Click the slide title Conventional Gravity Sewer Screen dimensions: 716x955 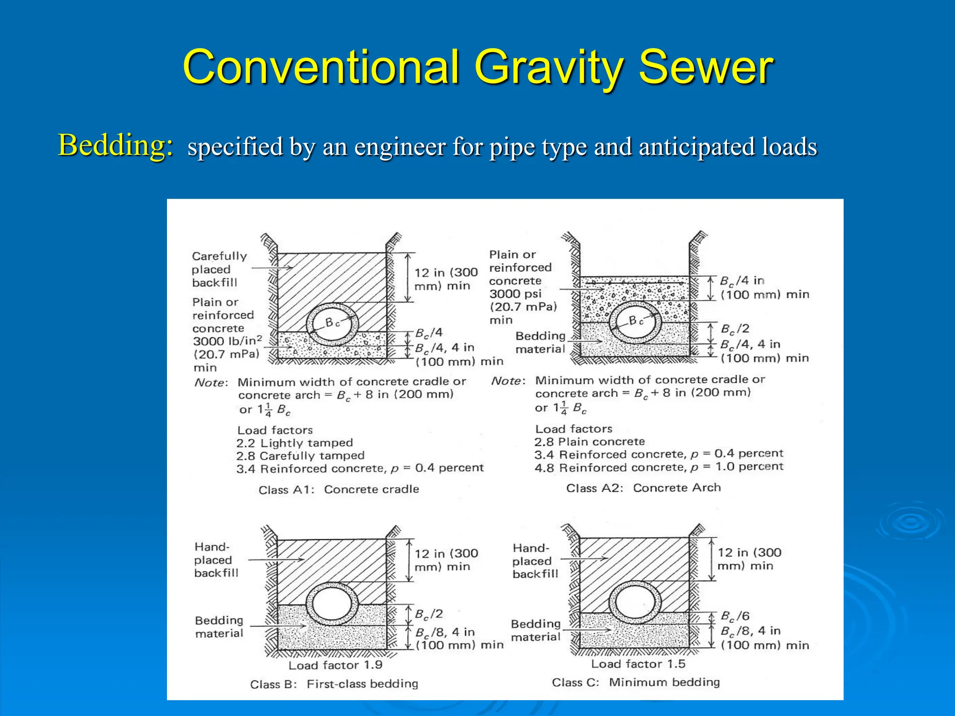tap(477, 68)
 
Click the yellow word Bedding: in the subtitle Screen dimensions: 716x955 tap(116, 145)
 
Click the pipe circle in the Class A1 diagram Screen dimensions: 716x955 tap(332, 324)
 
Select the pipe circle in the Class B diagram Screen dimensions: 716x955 tap(332, 604)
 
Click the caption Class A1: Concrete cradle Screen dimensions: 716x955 tap(339, 489)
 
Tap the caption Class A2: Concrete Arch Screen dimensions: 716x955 tap(643, 488)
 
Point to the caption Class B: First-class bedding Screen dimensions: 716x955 tap(334, 684)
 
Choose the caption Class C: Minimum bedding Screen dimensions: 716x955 tap(636, 682)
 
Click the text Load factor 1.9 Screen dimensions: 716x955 tap(335, 665)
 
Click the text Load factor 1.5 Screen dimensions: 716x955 tap(638, 664)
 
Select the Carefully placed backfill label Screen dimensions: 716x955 tap(219, 269)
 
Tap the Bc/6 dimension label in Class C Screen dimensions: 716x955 tap(735, 616)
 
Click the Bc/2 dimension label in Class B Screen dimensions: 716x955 tap(429, 614)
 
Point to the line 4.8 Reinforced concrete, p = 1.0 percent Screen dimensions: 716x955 tap(658, 467)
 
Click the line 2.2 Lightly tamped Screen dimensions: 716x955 tap(294, 443)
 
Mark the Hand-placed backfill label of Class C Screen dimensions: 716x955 tap(535, 561)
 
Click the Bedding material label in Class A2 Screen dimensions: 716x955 tap(540, 343)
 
